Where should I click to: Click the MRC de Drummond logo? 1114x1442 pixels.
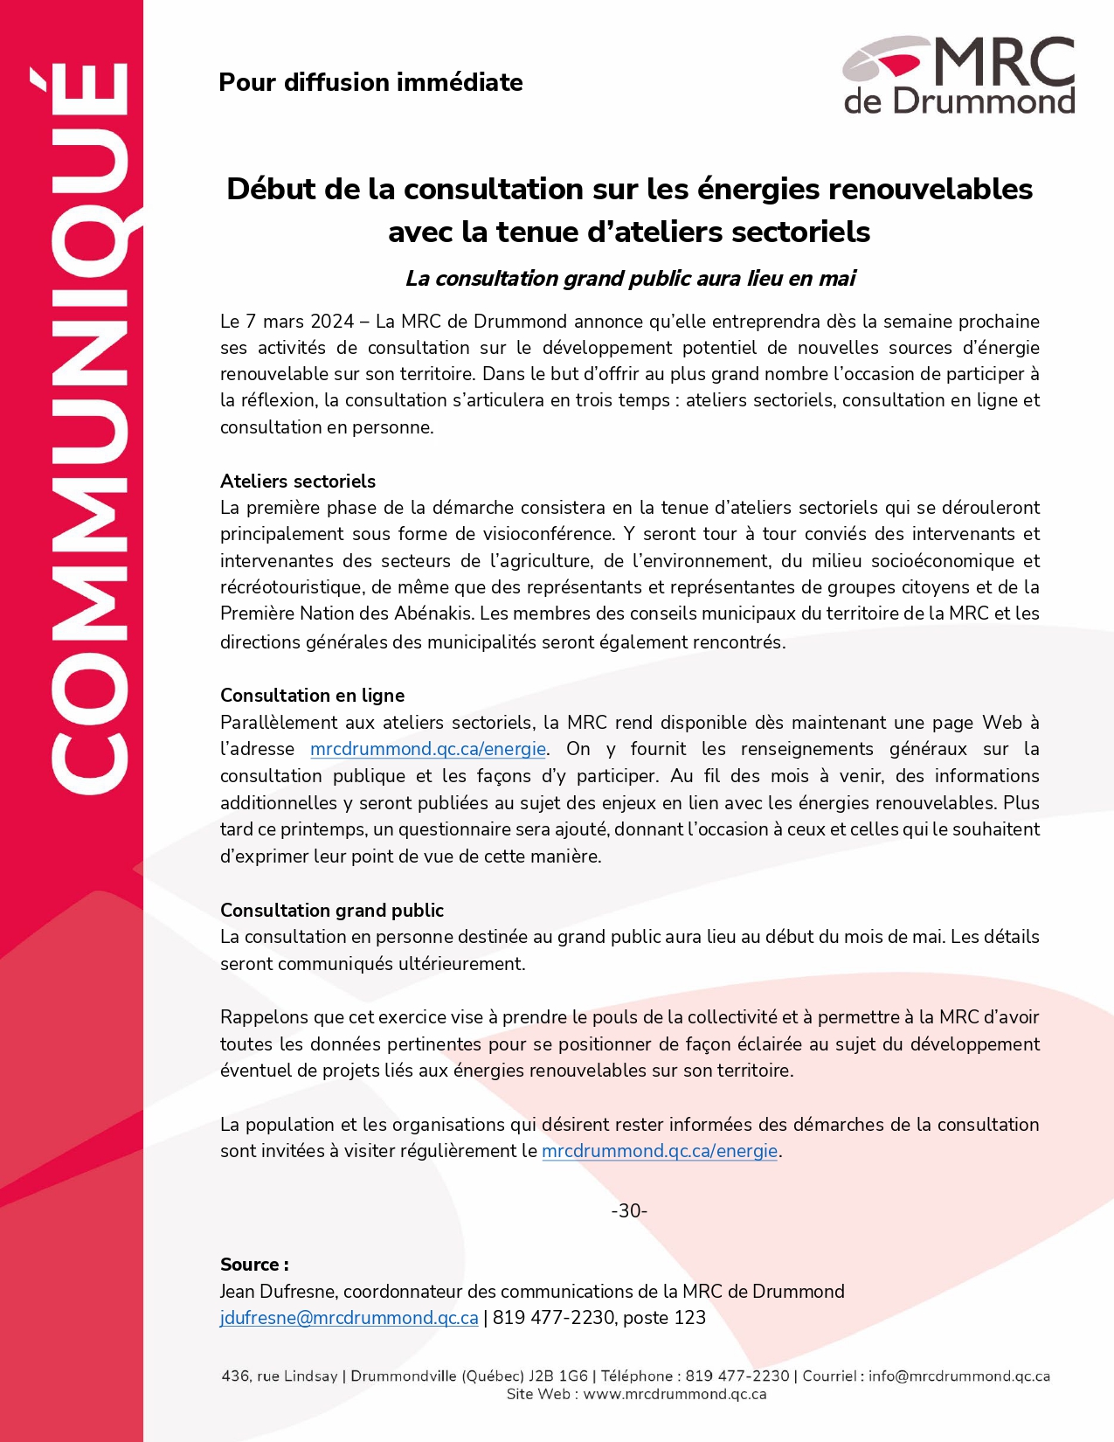(x=958, y=75)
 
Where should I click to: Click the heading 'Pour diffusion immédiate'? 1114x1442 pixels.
(x=370, y=82)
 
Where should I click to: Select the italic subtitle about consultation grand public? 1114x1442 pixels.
(x=630, y=278)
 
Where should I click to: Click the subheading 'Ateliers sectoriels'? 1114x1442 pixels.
(x=297, y=481)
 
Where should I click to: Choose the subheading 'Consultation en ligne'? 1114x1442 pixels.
(x=312, y=695)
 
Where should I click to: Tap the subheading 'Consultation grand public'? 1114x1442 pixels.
(x=331, y=910)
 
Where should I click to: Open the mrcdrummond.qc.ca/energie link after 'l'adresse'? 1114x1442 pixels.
(x=428, y=749)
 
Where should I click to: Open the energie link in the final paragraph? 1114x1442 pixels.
(x=660, y=1151)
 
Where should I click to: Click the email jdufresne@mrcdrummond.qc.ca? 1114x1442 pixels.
(x=349, y=1318)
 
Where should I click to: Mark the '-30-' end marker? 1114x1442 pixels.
(x=629, y=1210)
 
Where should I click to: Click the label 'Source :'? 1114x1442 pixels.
(x=254, y=1265)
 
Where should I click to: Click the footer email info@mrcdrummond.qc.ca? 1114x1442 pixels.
(x=959, y=1376)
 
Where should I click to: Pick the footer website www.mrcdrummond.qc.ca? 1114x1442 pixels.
(x=675, y=1394)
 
